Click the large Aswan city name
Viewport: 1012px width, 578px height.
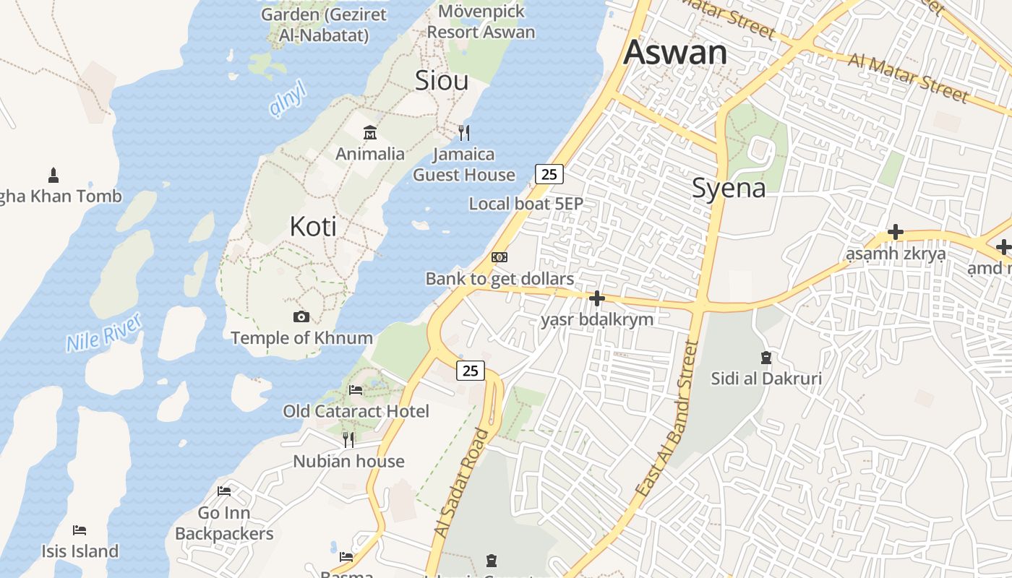click(675, 52)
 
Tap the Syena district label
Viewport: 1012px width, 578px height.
click(729, 188)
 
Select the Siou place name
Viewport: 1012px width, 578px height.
click(442, 80)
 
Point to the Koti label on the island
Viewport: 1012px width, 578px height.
click(313, 226)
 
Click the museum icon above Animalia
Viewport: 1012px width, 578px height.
click(370, 132)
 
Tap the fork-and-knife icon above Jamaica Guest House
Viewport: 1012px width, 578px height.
click(464, 133)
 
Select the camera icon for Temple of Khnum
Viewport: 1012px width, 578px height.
click(301, 316)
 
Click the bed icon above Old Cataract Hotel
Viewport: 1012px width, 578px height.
click(356, 390)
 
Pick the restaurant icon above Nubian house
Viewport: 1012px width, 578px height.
click(348, 439)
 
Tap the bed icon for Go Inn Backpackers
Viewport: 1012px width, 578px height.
click(224, 491)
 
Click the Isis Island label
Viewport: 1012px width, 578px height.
click(80, 551)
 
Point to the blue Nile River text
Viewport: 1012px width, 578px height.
click(103, 333)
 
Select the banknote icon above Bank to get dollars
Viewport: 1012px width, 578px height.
click(499, 257)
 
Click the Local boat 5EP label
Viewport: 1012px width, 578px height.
click(526, 204)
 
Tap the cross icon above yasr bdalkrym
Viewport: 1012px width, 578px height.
click(597, 298)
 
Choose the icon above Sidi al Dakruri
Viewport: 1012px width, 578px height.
click(766, 357)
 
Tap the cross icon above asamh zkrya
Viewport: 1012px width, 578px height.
click(896, 232)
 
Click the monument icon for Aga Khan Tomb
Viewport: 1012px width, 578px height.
click(53, 175)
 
